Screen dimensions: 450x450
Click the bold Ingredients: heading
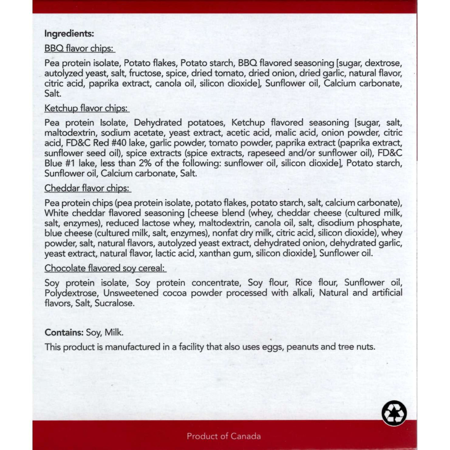(x=69, y=34)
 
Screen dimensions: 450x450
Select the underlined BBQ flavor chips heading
(x=79, y=48)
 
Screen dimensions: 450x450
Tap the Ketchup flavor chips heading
(x=86, y=108)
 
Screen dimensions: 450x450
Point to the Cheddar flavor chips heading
(x=87, y=188)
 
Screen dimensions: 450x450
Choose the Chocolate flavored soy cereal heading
(x=105, y=268)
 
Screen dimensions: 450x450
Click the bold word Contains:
(x=64, y=332)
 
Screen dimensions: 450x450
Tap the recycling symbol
(x=394, y=413)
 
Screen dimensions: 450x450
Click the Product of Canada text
(x=224, y=436)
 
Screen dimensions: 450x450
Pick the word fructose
(x=145, y=73)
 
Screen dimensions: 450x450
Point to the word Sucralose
(x=114, y=303)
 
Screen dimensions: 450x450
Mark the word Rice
(x=304, y=283)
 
